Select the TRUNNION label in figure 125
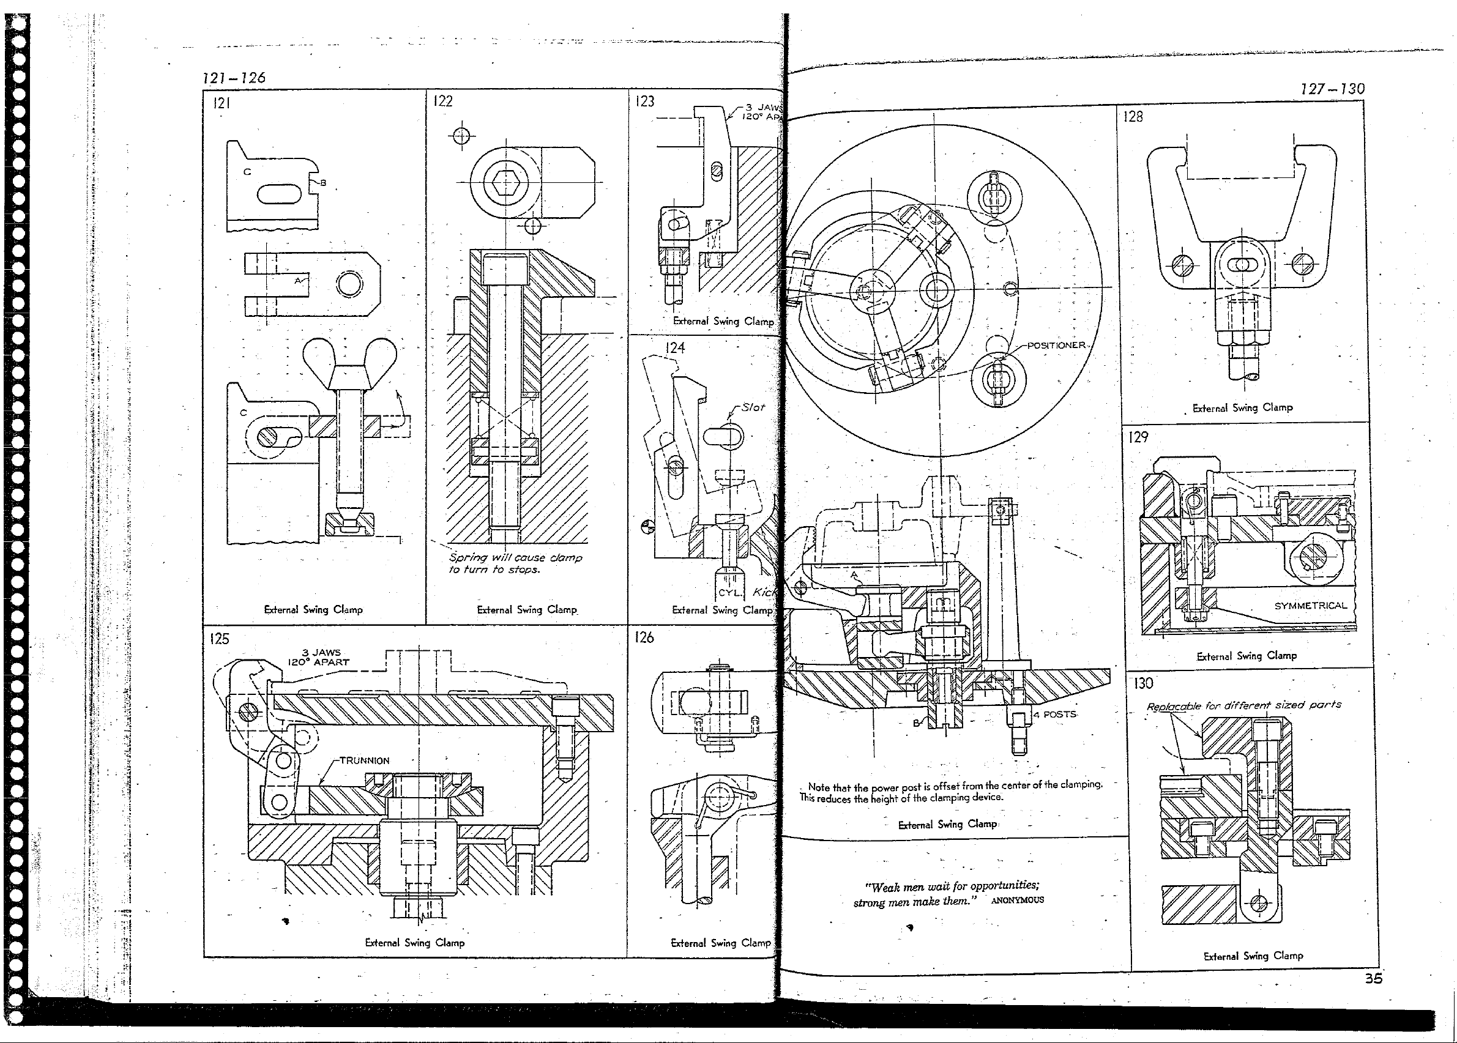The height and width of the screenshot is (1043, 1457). (364, 760)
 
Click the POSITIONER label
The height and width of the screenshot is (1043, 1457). (1056, 346)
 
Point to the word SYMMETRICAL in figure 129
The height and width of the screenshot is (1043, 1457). (1311, 606)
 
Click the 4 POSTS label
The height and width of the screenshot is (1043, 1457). (1055, 714)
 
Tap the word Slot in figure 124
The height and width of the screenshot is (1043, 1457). (753, 407)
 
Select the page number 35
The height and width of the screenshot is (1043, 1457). (1374, 979)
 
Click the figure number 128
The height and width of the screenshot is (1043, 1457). (1133, 117)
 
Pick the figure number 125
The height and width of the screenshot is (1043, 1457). (219, 639)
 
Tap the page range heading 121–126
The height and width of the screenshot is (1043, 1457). (234, 78)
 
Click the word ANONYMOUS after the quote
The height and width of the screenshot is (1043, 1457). (1017, 900)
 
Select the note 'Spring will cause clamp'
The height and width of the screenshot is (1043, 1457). (515, 557)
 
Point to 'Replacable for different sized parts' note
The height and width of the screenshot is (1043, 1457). (1243, 705)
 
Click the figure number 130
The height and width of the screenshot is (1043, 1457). (1143, 683)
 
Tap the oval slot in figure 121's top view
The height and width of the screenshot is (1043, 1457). (279, 193)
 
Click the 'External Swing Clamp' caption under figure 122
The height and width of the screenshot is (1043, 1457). (527, 609)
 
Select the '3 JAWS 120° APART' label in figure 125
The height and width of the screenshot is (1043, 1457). (319, 657)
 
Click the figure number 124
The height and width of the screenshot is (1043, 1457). (674, 348)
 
